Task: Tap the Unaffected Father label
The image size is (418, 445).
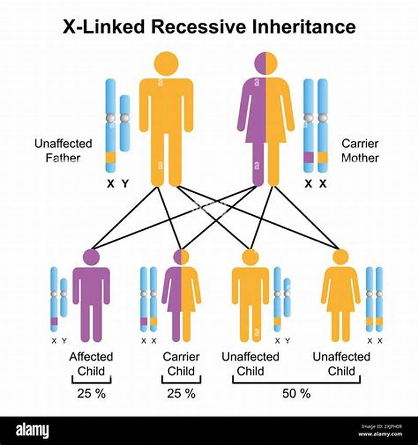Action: tap(63, 150)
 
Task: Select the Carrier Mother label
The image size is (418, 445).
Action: tap(360, 150)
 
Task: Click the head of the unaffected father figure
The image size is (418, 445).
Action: tap(166, 63)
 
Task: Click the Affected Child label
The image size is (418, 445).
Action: tap(91, 364)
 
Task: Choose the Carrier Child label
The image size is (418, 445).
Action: tap(181, 364)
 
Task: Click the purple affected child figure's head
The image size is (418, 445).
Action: tap(91, 257)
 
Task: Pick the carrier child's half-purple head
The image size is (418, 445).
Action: tap(181, 257)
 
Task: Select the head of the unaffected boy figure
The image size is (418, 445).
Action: tap(250, 257)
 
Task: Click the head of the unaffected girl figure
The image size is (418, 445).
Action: tap(341, 257)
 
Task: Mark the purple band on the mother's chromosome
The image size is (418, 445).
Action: tap(309, 157)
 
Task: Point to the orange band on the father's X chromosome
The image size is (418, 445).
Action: tap(110, 157)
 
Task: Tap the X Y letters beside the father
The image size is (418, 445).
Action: tap(117, 183)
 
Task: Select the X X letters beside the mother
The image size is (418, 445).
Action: tap(316, 183)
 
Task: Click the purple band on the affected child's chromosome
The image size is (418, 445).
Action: tap(54, 321)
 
